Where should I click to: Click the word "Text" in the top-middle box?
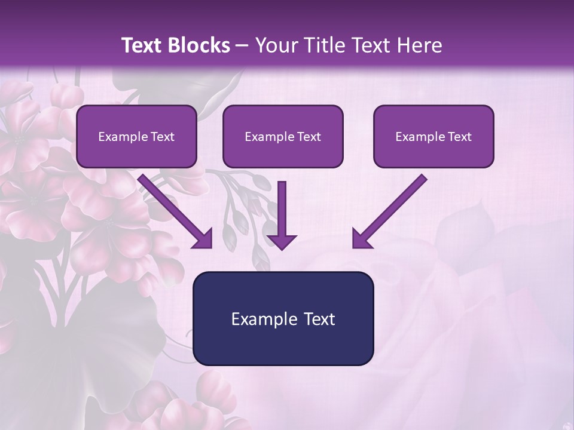coord(309,137)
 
